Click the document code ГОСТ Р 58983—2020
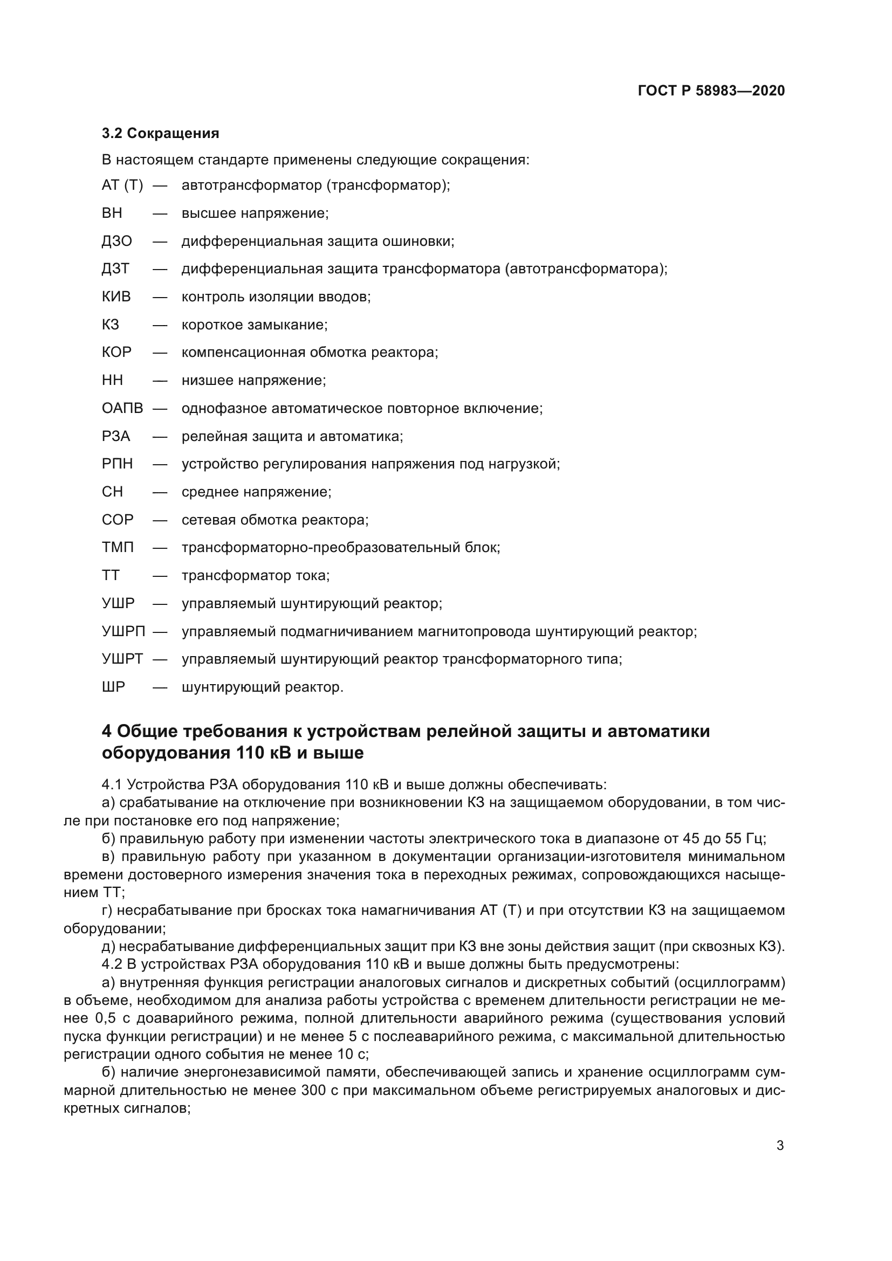[x=711, y=91]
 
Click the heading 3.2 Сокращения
[x=160, y=134]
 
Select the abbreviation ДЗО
[x=117, y=241]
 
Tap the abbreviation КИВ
[x=116, y=297]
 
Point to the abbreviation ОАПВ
[x=122, y=409]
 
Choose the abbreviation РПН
[x=117, y=464]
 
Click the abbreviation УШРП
[x=123, y=632]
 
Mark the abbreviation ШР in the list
[x=113, y=687]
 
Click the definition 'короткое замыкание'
[x=255, y=325]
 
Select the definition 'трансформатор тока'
[x=256, y=576]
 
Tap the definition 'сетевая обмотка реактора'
[x=275, y=520]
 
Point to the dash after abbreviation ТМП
[x=160, y=548]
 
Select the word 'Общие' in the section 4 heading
[x=146, y=732]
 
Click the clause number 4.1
[x=112, y=785]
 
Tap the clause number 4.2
[x=112, y=964]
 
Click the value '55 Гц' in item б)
[x=746, y=839]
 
